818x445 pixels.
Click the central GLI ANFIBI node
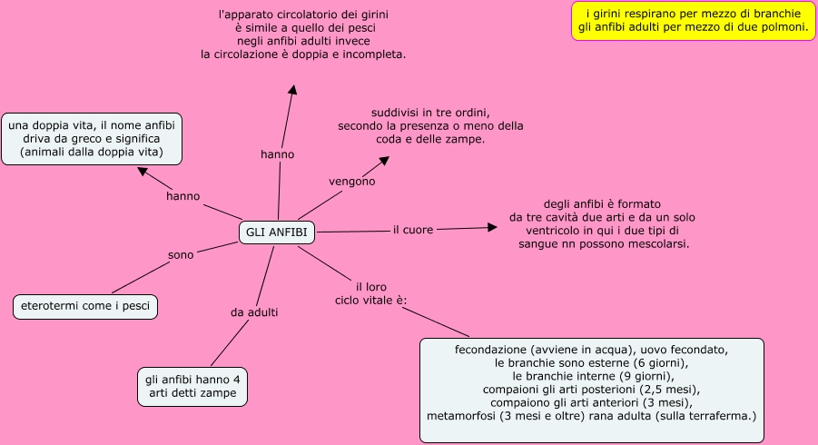[277, 232]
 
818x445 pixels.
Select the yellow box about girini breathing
[694, 21]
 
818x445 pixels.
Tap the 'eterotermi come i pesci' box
[85, 306]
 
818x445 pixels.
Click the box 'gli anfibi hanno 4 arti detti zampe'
[192, 387]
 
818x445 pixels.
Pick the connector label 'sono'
[181, 255]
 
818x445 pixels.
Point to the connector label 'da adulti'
[254, 312]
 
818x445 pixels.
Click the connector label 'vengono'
[352, 182]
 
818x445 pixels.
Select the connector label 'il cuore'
[413, 230]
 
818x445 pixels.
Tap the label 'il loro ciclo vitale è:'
[371, 293]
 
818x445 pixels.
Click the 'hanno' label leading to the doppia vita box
[182, 196]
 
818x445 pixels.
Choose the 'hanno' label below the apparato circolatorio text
[278, 154]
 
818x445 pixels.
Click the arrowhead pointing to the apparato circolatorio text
[292, 90]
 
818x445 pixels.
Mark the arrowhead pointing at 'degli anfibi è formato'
[491, 227]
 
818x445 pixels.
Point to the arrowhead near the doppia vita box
[143, 171]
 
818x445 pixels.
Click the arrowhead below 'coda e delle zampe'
[384, 161]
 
